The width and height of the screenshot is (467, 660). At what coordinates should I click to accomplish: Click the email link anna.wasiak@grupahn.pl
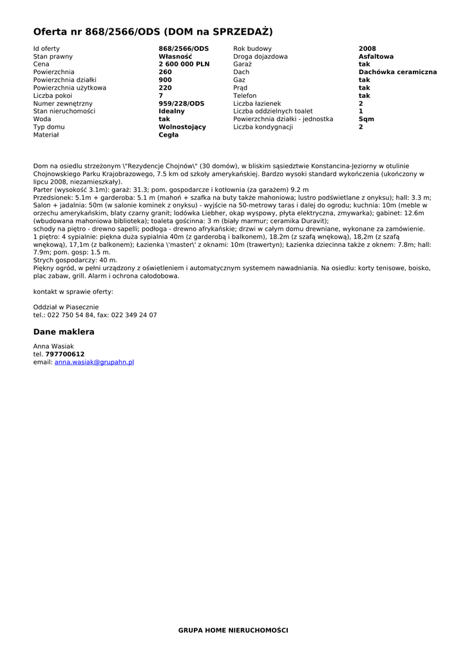pyautogui.click(x=94, y=363)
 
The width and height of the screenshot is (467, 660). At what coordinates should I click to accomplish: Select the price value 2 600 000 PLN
pyautogui.click(x=184, y=64)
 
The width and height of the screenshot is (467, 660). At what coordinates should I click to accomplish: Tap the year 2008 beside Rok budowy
pyautogui.click(x=367, y=49)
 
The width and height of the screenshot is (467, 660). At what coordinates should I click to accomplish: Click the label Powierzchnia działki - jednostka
pyautogui.click(x=283, y=119)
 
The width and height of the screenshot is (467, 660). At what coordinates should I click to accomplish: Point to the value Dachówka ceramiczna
pyautogui.click(x=397, y=72)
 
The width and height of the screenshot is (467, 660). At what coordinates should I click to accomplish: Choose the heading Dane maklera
pyautogui.click(x=64, y=332)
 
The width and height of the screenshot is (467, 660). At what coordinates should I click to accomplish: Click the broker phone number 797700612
pyautogui.click(x=64, y=354)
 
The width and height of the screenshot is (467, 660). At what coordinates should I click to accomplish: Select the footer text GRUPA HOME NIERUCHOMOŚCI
pyautogui.click(x=233, y=630)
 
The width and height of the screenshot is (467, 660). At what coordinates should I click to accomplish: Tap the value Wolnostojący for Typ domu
pyautogui.click(x=182, y=127)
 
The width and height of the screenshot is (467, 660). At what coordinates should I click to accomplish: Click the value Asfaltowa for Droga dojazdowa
pyautogui.click(x=376, y=57)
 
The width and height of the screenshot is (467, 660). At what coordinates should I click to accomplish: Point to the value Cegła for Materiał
pyautogui.click(x=169, y=135)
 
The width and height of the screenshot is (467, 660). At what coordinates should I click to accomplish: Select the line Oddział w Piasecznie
pyautogui.click(x=66, y=307)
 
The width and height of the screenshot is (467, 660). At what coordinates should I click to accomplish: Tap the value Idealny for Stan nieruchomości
pyautogui.click(x=171, y=112)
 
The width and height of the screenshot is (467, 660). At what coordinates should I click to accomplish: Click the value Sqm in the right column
pyautogui.click(x=366, y=119)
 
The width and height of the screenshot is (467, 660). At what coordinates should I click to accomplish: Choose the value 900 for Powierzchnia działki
pyautogui.click(x=165, y=80)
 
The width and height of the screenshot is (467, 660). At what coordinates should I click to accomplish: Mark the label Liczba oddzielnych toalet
pyautogui.click(x=272, y=112)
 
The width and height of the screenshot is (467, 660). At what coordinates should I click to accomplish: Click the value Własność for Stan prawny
pyautogui.click(x=175, y=57)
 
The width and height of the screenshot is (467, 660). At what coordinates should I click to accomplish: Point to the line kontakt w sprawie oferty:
pyautogui.click(x=73, y=292)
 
